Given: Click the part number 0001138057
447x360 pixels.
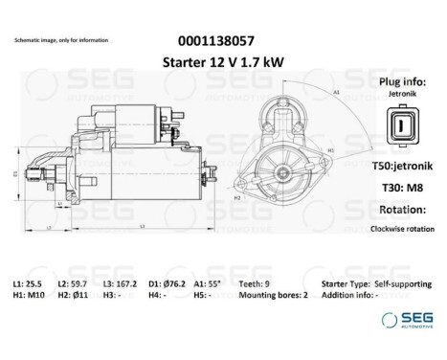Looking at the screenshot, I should tap(217, 41).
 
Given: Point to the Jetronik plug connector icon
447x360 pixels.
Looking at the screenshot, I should tap(398, 128).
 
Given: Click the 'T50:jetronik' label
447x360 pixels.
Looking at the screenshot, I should tap(399, 166).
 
